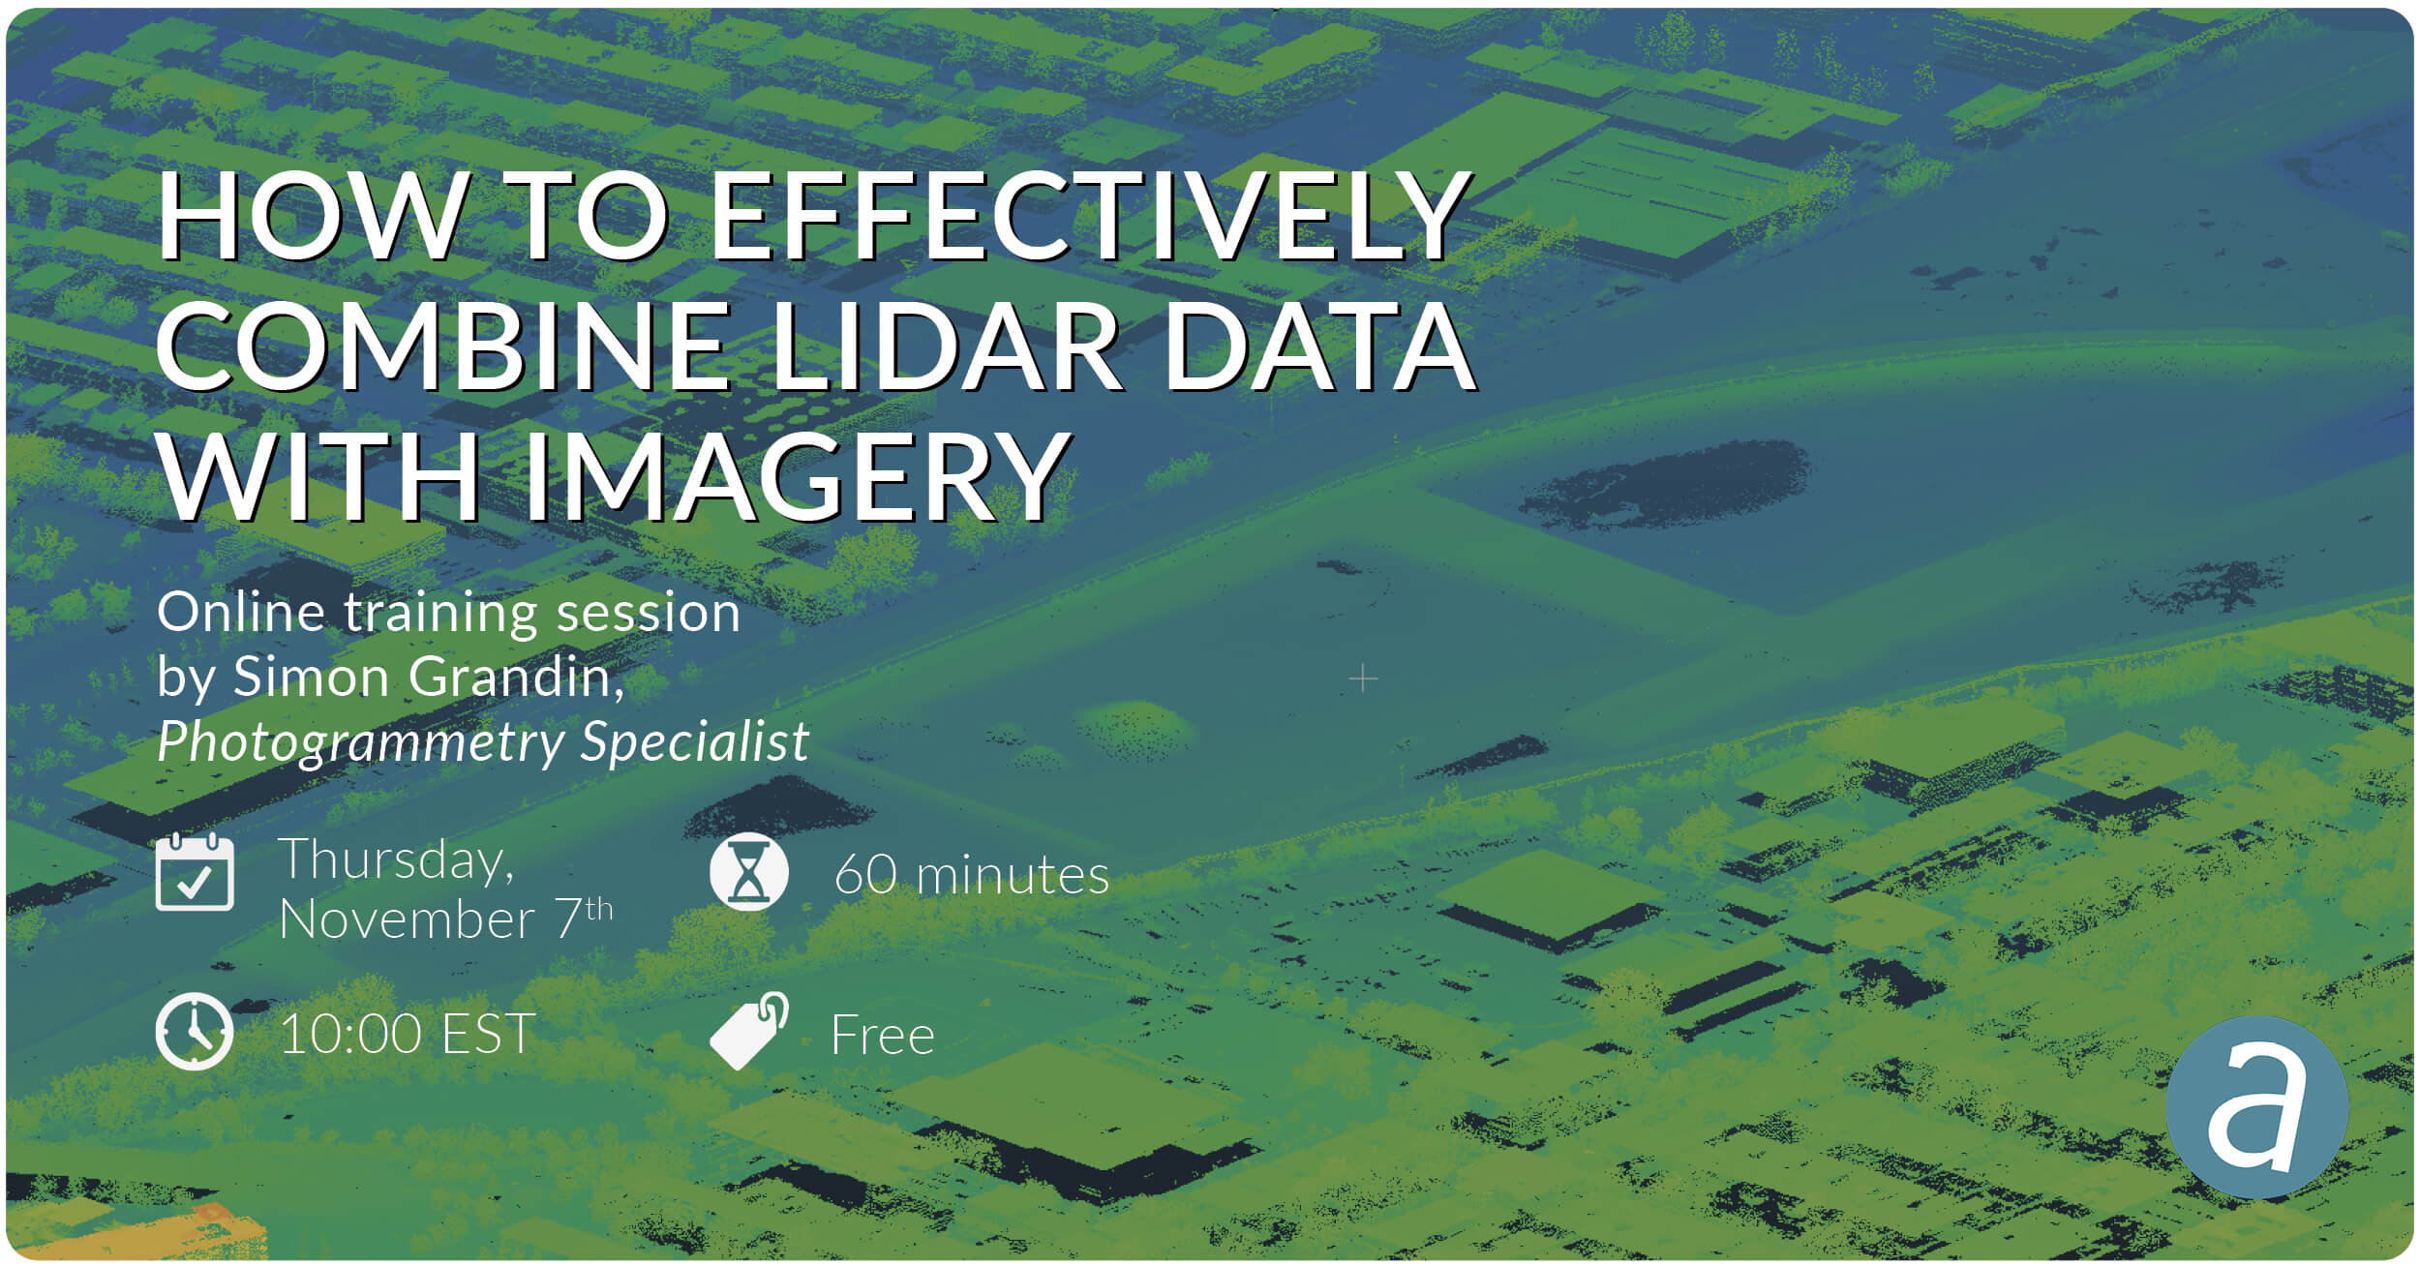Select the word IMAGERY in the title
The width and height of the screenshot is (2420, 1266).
(797, 476)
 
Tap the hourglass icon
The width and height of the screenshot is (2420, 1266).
(748, 871)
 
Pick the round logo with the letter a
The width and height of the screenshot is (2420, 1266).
(2257, 1108)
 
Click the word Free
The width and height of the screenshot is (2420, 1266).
(883, 1036)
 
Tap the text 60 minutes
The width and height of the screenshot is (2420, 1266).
(972, 875)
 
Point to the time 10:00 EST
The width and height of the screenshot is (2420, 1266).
(408, 1034)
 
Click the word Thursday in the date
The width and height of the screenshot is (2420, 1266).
(396, 859)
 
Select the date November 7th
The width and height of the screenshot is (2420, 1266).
(446, 919)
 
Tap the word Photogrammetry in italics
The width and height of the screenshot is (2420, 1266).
(361, 743)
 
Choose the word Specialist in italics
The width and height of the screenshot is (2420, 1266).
(694, 743)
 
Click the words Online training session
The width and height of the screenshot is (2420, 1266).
(449, 614)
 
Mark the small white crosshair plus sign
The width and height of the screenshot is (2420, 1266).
(1363, 678)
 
